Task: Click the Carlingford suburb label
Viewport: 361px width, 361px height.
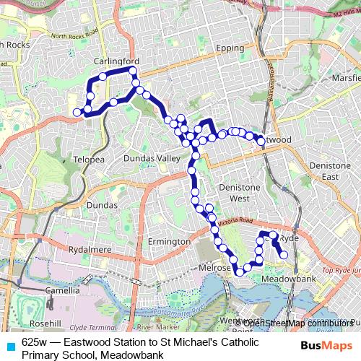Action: [x=116, y=61]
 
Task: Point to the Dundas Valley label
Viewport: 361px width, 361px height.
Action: [x=150, y=158]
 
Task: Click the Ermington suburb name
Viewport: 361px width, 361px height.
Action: [x=168, y=241]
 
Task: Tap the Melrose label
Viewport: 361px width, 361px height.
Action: [x=214, y=268]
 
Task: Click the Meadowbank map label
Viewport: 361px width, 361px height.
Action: [x=292, y=279]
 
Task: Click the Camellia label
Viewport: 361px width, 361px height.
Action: [x=62, y=290]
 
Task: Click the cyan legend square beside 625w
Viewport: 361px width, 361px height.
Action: [x=9, y=342]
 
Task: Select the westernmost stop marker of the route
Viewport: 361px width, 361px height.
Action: [x=77, y=112]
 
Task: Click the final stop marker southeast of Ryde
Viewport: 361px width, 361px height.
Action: [x=284, y=254]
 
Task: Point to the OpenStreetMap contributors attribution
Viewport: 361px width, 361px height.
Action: [x=298, y=323]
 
